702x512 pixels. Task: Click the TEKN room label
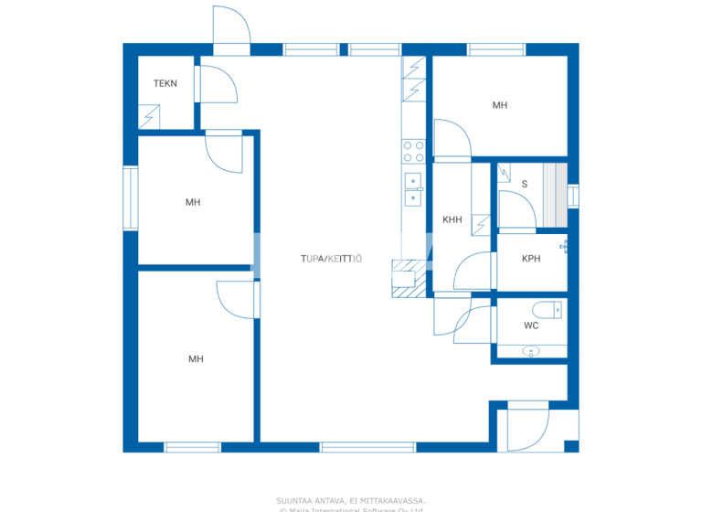165,84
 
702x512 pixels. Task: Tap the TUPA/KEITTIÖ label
331,259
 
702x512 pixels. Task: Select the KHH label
452,219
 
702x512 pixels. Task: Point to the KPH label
531,259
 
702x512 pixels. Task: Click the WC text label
531,325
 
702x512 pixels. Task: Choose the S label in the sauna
525,184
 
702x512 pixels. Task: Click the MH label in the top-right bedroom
500,106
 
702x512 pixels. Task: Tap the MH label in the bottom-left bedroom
196,359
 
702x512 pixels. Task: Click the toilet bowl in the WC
553,308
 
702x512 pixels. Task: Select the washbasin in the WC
531,350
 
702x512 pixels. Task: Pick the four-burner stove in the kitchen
413,151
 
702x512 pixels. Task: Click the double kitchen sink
413,188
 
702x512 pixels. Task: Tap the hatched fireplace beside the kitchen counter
409,279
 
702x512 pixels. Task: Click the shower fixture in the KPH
564,247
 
